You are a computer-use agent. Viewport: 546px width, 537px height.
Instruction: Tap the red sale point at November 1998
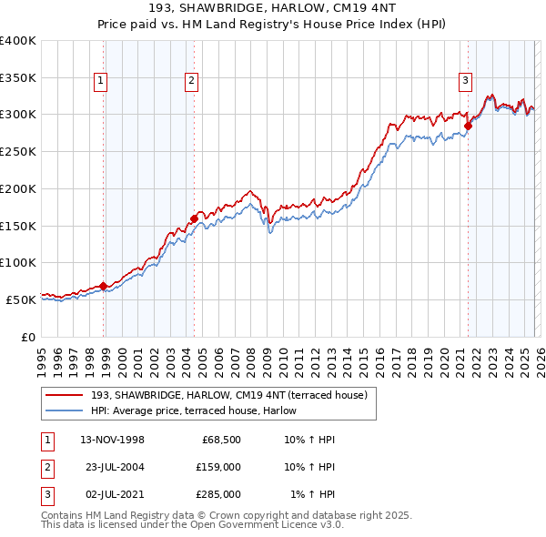[x=104, y=286]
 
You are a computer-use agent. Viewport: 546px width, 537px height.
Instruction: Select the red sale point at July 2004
[x=195, y=218]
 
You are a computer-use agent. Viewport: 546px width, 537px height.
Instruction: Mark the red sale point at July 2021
[x=469, y=126]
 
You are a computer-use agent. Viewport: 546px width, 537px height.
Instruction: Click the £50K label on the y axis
[x=21, y=299]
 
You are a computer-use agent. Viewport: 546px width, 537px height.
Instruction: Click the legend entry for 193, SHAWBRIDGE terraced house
[x=228, y=395]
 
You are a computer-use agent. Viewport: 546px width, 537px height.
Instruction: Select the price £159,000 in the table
[x=218, y=467]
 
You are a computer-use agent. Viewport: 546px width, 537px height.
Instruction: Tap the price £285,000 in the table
[x=218, y=494]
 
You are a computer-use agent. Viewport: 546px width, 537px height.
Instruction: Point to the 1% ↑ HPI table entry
[x=312, y=494]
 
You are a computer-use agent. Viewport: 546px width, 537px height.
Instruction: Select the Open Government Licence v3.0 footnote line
[x=193, y=525]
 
